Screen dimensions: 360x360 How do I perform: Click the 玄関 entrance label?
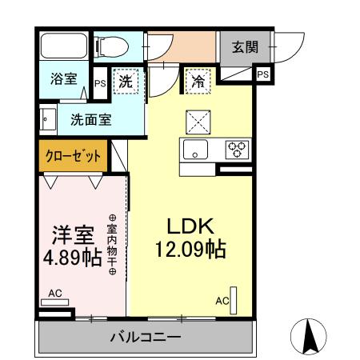coord(245,47)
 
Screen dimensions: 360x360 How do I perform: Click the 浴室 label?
coord(63,80)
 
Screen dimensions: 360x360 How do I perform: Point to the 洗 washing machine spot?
coord(126,81)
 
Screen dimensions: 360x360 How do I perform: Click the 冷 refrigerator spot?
coord(197,81)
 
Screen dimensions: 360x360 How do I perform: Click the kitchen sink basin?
coord(197,149)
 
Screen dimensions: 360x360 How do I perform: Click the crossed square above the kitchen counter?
coord(197,121)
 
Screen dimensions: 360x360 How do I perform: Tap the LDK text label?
coord(190,226)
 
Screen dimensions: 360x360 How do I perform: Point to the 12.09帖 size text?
coord(190,249)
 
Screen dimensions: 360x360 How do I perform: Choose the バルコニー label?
coord(145,338)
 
